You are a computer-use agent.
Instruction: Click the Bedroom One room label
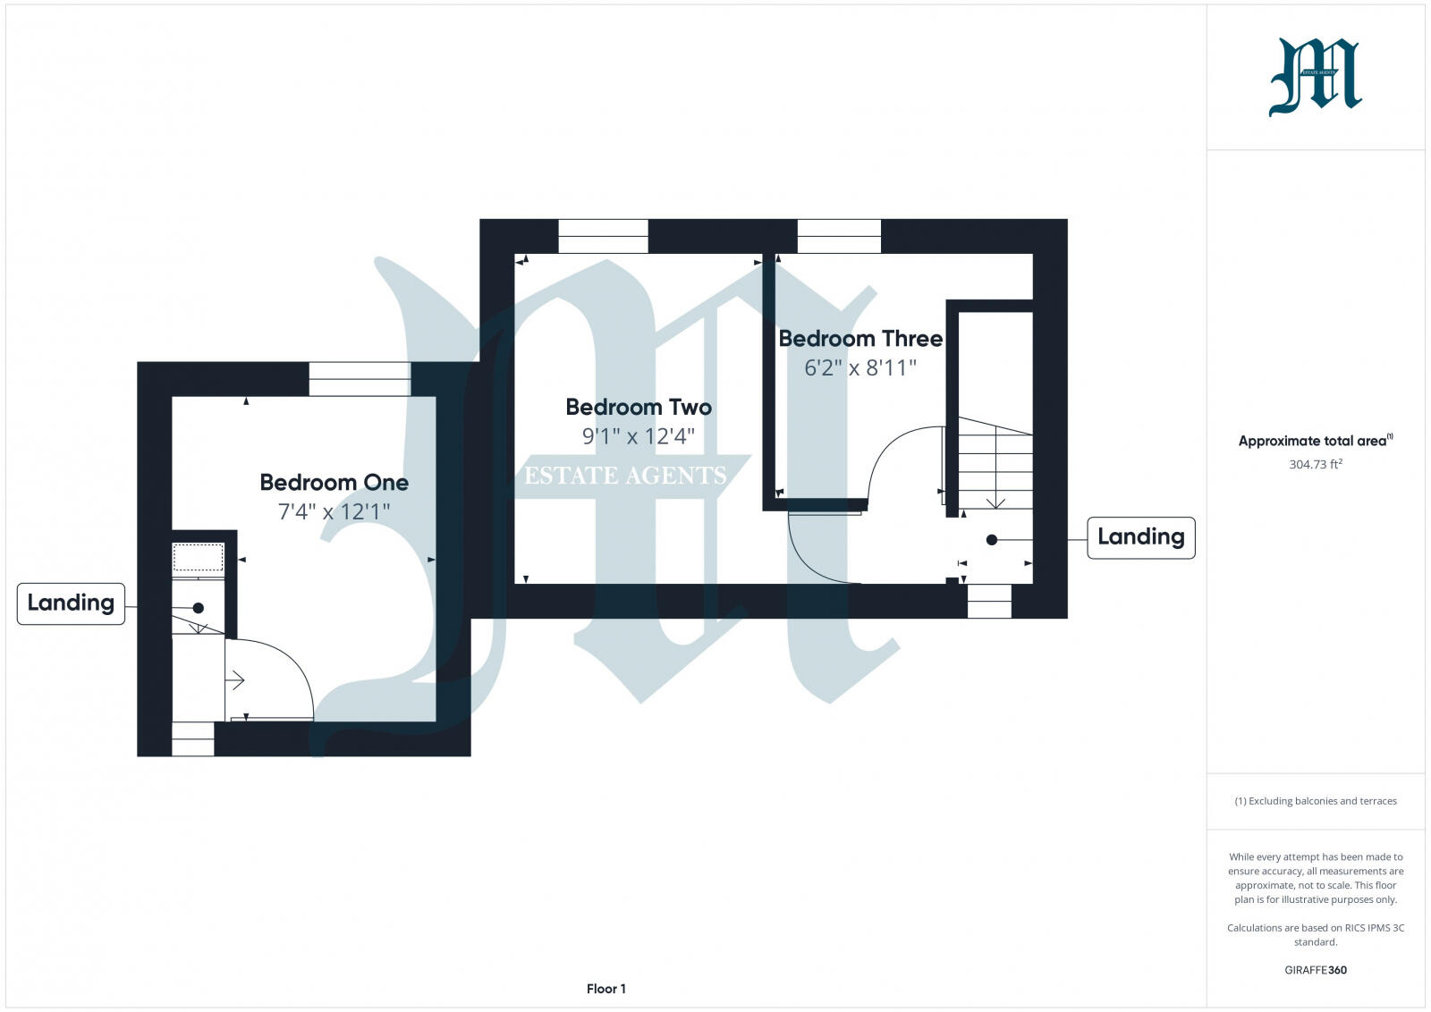pos(334,483)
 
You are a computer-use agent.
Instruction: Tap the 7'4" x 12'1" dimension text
pos(334,512)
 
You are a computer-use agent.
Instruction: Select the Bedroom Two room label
pos(639,408)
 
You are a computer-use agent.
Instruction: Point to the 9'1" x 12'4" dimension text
pos(638,437)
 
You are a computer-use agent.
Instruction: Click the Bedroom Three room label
pos(859,339)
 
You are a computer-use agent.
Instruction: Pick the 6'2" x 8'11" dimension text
pos(859,368)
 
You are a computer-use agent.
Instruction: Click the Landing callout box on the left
pos(71,603)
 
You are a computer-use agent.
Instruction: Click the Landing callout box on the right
pos(1140,537)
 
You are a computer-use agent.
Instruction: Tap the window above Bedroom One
pos(360,379)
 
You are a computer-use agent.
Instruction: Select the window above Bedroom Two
pos(603,236)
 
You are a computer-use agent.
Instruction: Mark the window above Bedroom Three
pos(839,236)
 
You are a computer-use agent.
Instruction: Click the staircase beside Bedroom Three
pos(995,465)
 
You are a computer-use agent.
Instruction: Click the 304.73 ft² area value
pos(1315,465)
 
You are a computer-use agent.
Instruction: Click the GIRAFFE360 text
pos(1315,970)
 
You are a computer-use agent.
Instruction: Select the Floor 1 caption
pos(605,989)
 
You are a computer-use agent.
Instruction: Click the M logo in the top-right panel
pos(1315,77)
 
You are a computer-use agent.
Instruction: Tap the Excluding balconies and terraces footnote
pos(1315,801)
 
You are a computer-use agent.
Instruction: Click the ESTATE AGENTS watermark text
pos(625,476)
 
